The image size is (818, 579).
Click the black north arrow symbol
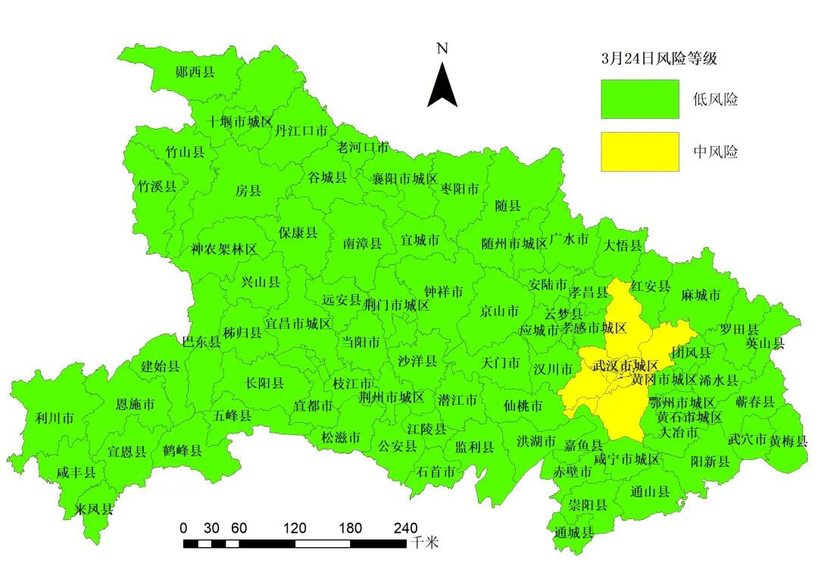pos(442,86)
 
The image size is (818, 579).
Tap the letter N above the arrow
pos(443,49)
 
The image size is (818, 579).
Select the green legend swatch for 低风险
pos(639,99)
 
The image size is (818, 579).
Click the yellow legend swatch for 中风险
pos(639,152)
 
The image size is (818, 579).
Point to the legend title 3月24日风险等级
pos(659,58)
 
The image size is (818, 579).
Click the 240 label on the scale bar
pos(406,527)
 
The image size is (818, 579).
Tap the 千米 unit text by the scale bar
pos(425,543)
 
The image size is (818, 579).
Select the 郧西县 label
pos(195,73)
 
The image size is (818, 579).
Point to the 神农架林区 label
pos(224,249)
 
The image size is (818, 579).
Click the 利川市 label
pos(55,418)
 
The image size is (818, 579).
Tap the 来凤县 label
pos(95,509)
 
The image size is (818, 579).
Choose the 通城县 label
pos(573,532)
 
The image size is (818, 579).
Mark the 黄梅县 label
pos(788,440)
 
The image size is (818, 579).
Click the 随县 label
pos(507,206)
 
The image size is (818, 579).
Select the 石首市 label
pos(436,471)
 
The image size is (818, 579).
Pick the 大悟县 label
pos(623,246)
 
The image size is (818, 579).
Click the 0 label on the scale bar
pos(184,527)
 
